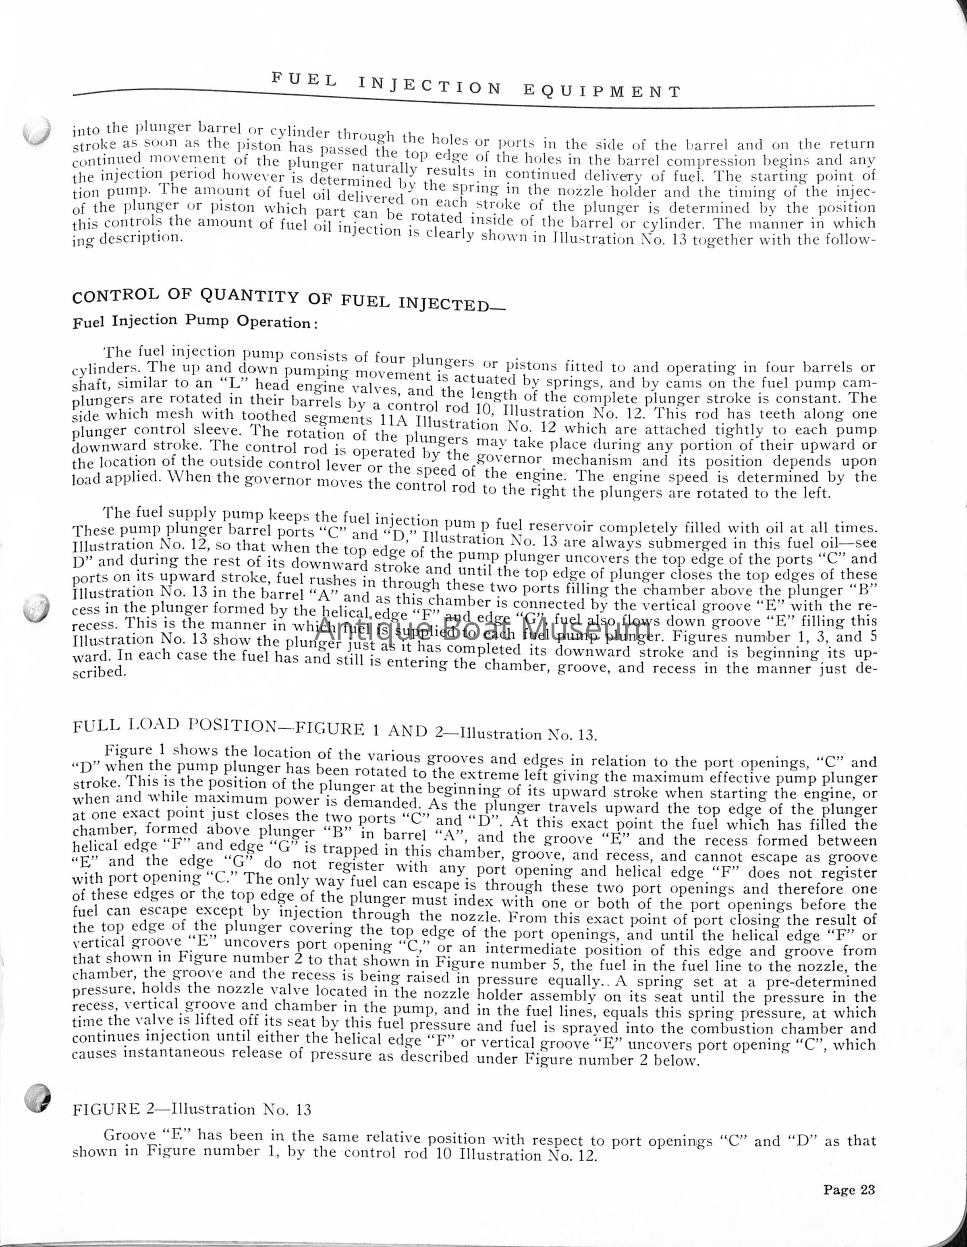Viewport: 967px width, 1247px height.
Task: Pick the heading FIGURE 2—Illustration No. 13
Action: pos(193,1109)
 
